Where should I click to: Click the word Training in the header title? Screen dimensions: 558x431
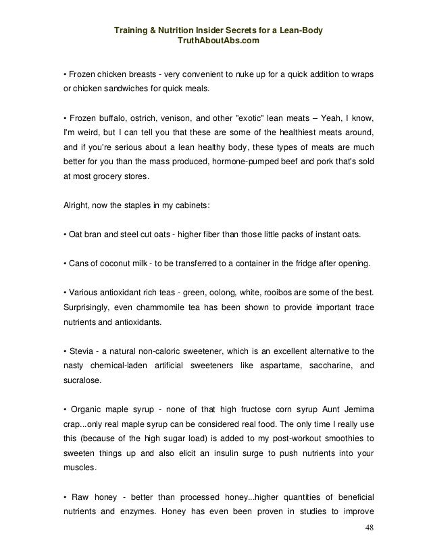click(x=131, y=31)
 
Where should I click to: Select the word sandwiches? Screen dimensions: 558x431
click(x=122, y=89)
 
